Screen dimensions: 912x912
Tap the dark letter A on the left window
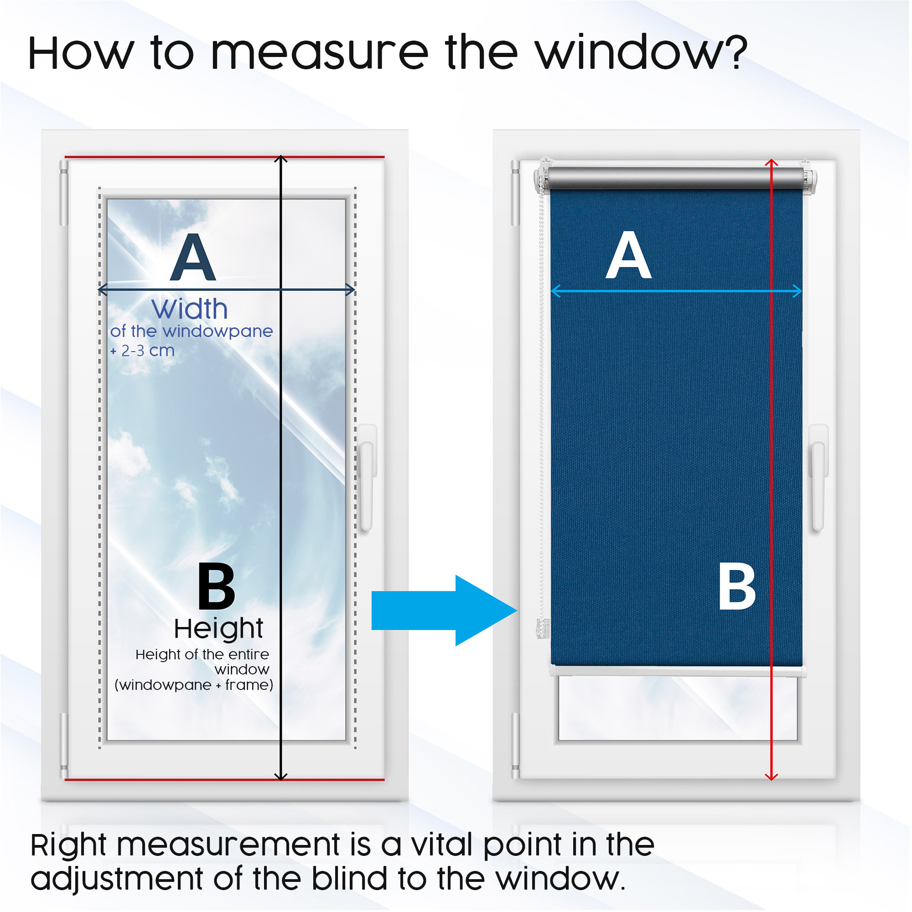click(x=193, y=257)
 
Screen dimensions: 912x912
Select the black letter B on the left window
click(x=216, y=586)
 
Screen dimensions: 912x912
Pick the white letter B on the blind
click(x=737, y=588)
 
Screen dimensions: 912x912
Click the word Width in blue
click(x=190, y=309)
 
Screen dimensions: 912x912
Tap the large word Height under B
click(x=218, y=629)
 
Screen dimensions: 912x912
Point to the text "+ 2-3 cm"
click(x=143, y=351)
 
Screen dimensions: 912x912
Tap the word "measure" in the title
click(x=320, y=53)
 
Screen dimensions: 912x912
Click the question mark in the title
click(x=735, y=52)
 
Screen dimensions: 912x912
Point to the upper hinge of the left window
click(x=64, y=193)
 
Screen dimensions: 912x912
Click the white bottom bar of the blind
click(x=678, y=670)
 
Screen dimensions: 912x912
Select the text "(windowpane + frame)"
click(x=194, y=685)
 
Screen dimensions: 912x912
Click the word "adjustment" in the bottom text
click(x=117, y=880)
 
